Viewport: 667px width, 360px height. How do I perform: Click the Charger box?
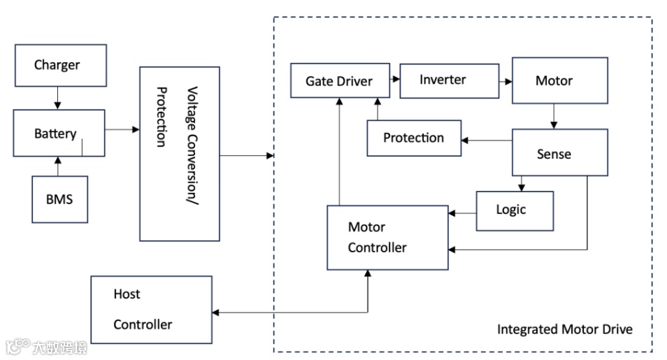(x=60, y=66)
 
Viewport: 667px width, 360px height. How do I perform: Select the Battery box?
(x=59, y=133)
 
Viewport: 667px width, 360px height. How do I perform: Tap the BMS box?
(x=59, y=199)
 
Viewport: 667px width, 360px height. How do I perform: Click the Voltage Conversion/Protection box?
(x=180, y=154)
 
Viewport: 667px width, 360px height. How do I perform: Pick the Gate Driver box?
(x=339, y=81)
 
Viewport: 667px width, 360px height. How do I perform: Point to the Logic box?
(x=515, y=210)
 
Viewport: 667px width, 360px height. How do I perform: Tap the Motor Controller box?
(x=387, y=238)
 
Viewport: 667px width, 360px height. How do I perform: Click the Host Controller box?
(x=151, y=310)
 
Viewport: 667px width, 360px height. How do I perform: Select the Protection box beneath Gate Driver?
(x=415, y=138)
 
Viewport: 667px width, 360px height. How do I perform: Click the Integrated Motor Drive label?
(x=564, y=329)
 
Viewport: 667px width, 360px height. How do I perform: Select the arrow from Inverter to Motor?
(x=506, y=80)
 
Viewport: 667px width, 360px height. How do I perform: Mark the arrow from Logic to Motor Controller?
(x=462, y=213)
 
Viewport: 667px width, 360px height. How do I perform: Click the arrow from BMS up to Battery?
(x=59, y=166)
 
